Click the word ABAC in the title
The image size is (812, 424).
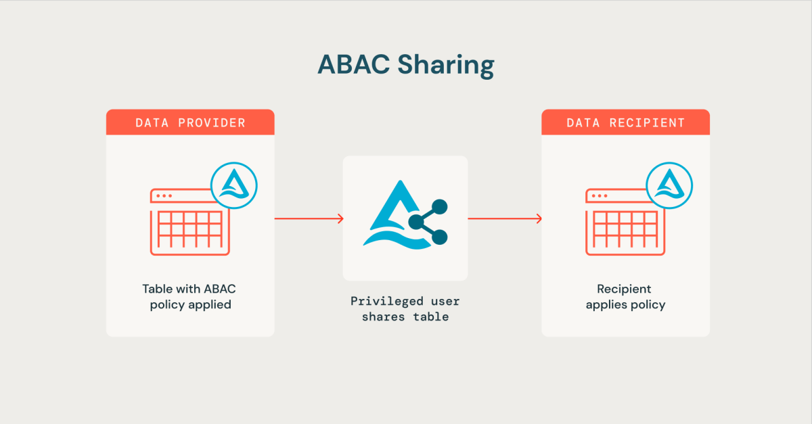click(x=354, y=64)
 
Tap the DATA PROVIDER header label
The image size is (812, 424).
click(x=190, y=122)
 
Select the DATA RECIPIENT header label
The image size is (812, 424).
click(x=625, y=122)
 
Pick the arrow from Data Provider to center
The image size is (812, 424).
click(x=309, y=218)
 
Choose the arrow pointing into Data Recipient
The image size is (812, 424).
click(x=504, y=218)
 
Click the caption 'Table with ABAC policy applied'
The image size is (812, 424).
click(x=190, y=296)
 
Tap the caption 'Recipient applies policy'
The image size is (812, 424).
click(x=625, y=296)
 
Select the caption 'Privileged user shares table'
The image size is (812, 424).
click(x=405, y=308)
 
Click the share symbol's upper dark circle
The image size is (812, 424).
click(x=440, y=206)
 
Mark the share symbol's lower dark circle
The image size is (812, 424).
click(x=440, y=237)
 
